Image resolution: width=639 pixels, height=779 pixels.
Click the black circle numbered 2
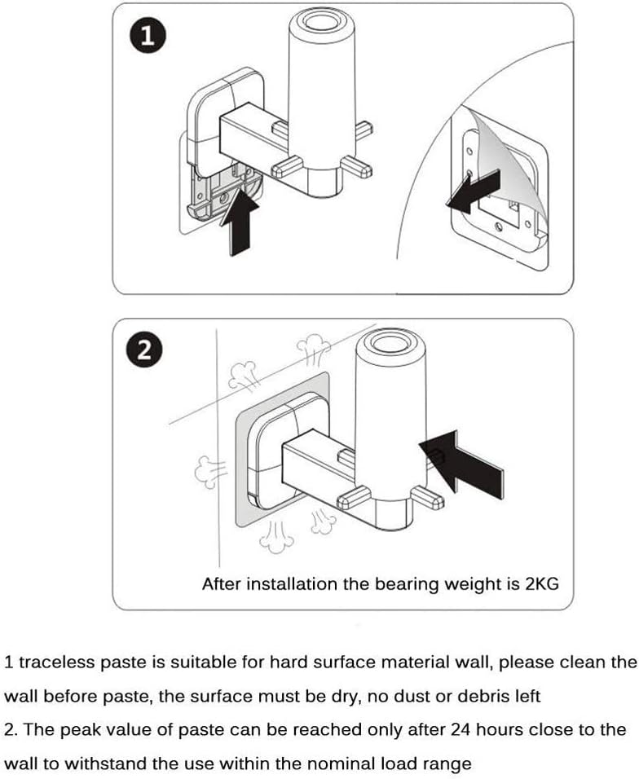click(143, 351)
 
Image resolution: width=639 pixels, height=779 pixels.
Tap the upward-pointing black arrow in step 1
click(242, 219)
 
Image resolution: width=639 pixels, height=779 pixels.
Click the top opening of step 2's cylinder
click(388, 343)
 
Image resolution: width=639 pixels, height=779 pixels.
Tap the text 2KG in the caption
click(540, 583)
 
